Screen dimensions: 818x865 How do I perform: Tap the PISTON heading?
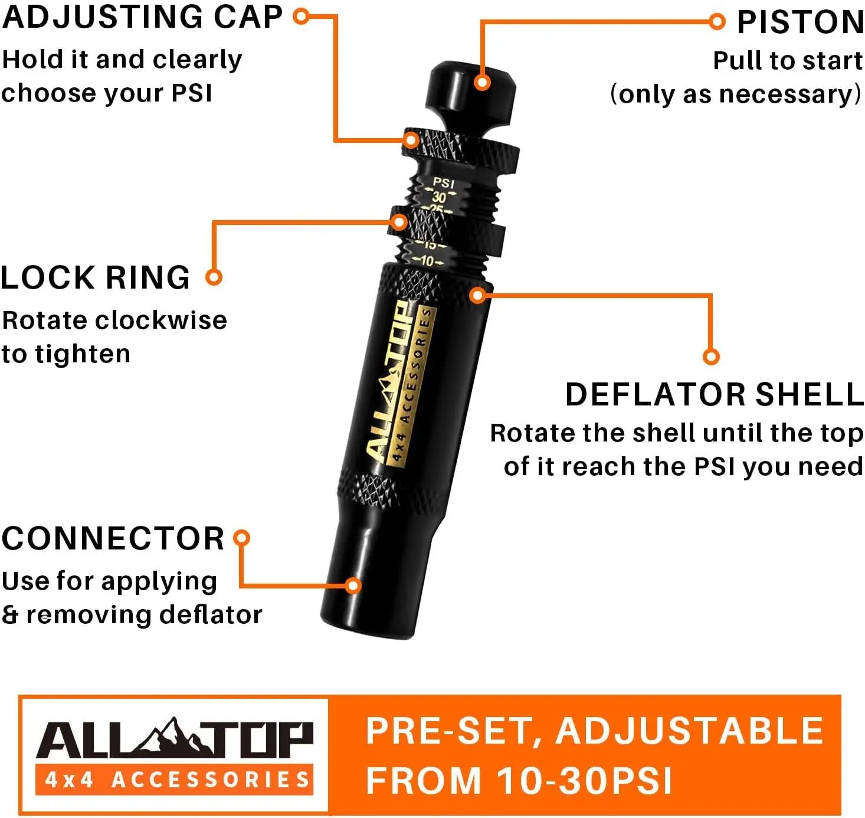coord(800,22)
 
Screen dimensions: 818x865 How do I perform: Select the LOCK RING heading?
coord(96,277)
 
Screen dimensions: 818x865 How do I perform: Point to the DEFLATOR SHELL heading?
coord(714,394)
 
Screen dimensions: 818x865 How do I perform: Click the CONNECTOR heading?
coord(113,538)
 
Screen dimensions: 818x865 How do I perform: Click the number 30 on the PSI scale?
coord(439,197)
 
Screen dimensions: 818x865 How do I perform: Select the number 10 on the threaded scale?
coord(427,261)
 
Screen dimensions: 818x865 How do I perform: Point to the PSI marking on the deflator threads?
coord(444,183)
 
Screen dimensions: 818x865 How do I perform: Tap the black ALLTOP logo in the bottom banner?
coord(175,740)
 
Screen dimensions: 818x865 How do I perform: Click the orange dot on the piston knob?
coord(482,82)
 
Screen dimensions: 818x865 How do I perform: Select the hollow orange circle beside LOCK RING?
coord(214,277)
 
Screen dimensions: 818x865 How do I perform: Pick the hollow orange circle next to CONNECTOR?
coord(242,538)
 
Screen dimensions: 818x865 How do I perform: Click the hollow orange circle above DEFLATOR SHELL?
coord(712,356)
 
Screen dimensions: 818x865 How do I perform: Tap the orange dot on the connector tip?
coord(353,585)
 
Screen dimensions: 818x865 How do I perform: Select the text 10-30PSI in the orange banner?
coord(584,781)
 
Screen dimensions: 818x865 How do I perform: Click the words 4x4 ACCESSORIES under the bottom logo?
coord(177,780)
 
